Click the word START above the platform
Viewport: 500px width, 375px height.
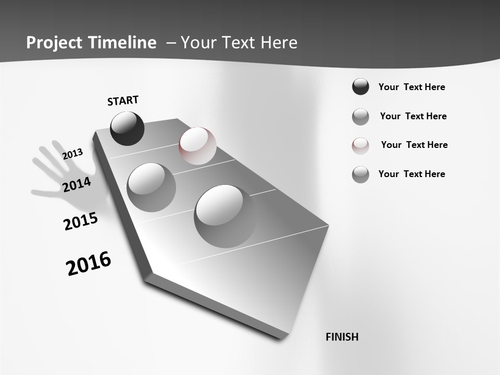click(123, 101)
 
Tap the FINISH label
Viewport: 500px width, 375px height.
click(342, 337)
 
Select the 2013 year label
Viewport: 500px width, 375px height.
click(72, 154)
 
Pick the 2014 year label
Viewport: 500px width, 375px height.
click(77, 184)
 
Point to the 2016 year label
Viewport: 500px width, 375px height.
click(89, 264)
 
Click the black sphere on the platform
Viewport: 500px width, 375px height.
click(127, 129)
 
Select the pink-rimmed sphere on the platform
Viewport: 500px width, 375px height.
click(197, 145)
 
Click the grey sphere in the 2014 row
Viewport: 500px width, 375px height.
click(151, 187)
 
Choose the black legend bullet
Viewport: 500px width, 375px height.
click(360, 87)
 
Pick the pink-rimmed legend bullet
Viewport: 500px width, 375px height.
click(360, 145)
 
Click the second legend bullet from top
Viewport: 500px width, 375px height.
click(360, 117)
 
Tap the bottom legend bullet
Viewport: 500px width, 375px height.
click(360, 174)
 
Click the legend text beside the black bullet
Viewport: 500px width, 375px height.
click(411, 87)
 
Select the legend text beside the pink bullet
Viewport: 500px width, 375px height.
click(414, 145)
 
